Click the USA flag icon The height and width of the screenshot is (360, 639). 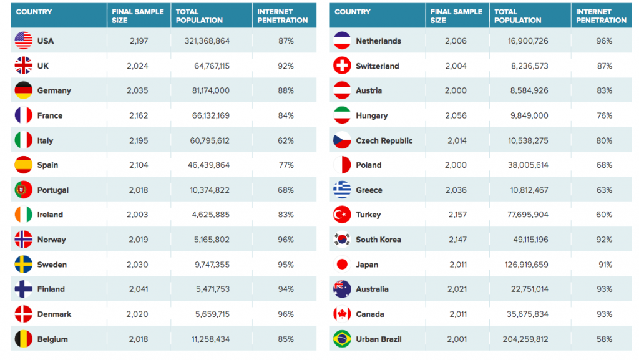tap(23, 41)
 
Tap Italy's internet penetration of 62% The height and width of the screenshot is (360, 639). tap(286, 140)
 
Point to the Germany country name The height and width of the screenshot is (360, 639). tap(54, 90)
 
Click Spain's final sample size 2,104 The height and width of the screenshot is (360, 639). tap(137, 165)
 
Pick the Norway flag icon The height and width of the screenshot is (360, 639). tap(23, 240)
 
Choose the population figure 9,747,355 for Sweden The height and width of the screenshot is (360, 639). tap(211, 265)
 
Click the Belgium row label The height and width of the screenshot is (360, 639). tap(52, 339)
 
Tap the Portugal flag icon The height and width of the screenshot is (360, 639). tap(23, 190)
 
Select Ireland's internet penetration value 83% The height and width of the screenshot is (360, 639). tap(286, 215)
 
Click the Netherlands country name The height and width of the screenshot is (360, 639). tap(378, 41)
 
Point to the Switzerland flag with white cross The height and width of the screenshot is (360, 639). tap(342, 66)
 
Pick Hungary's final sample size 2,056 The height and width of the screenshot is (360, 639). tap(456, 115)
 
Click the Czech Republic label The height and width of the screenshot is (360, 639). tap(384, 140)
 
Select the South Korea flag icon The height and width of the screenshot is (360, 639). tap(342, 240)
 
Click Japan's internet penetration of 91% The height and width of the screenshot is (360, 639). tap(605, 265)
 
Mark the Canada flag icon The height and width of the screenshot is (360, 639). tap(342, 314)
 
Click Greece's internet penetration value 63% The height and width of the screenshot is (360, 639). tap(605, 190)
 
